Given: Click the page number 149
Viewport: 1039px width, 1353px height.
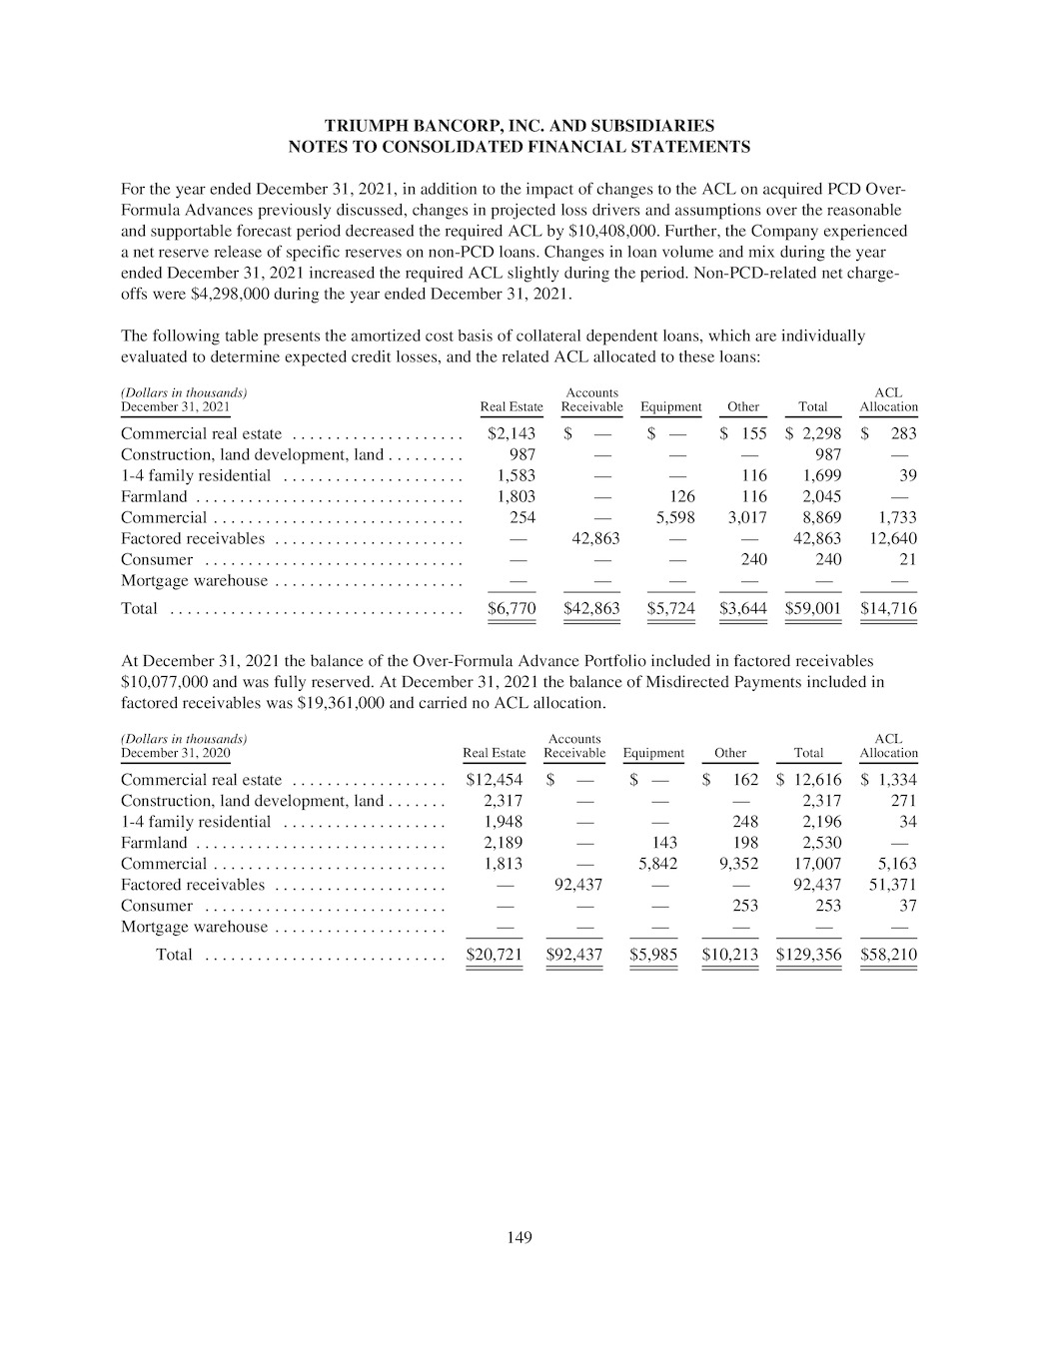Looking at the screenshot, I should [519, 1238].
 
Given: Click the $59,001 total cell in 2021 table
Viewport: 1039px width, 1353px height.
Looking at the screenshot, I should [813, 608].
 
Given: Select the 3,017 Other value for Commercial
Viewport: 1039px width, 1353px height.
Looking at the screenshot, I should [746, 517].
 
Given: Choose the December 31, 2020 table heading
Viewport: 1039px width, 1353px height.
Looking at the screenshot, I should [175, 753].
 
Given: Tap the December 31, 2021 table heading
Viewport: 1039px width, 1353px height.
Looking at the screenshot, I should [175, 407].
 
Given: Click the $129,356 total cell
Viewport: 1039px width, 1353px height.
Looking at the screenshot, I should [808, 954].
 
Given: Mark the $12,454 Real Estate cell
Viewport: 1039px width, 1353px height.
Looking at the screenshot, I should [495, 780].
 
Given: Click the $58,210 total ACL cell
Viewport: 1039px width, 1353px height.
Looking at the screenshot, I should [888, 954].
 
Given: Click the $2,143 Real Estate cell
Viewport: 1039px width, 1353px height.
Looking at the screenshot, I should [512, 433].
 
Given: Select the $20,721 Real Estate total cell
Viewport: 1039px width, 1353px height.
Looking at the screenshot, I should [495, 954].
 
